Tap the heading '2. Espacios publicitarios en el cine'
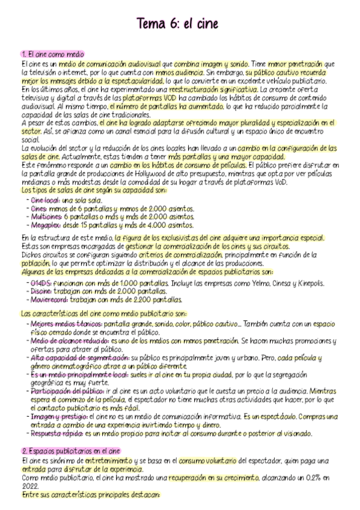point(71,450)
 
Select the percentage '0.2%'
point(313,478)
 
